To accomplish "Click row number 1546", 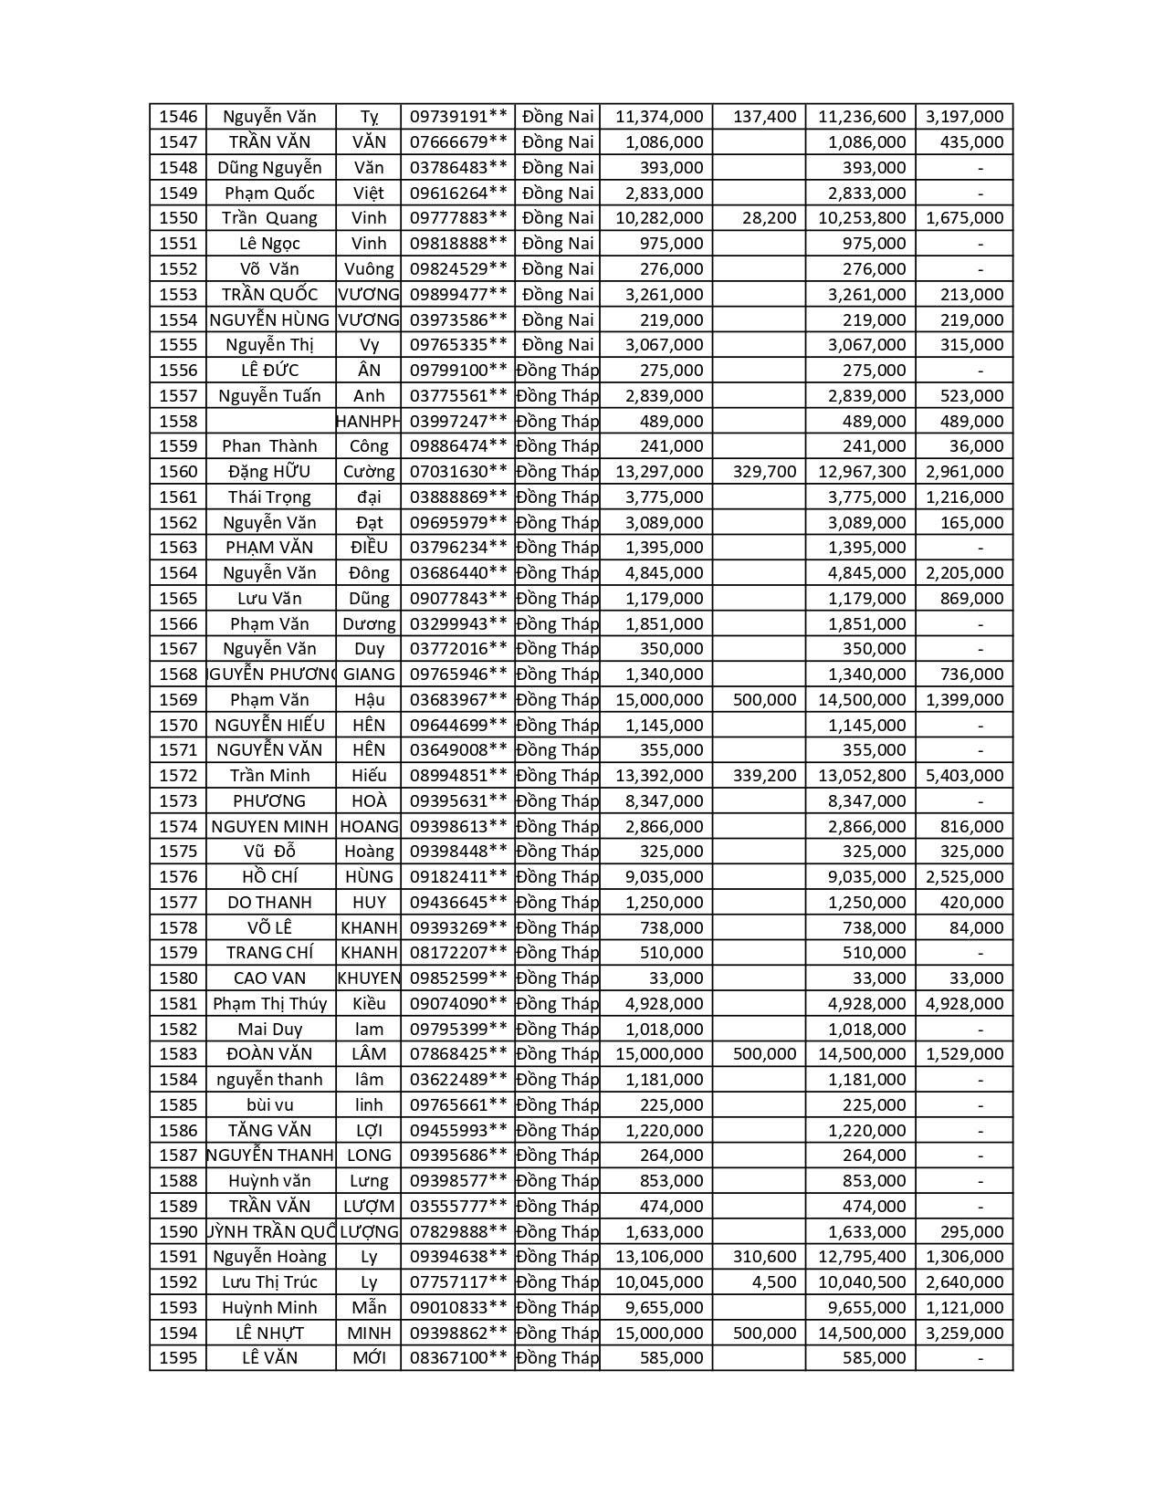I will tap(178, 117).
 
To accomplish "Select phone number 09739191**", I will tap(457, 117).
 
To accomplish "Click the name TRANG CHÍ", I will tap(269, 953).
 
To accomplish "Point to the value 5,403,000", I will tap(964, 776).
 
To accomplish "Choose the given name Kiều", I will tap(369, 1004).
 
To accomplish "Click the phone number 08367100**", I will tap(457, 1358).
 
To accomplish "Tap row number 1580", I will tap(178, 978).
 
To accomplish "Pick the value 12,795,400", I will tap(862, 1257).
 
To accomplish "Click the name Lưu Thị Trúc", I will tap(269, 1282).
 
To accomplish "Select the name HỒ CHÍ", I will tap(269, 877).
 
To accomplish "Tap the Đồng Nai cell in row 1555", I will tap(557, 345).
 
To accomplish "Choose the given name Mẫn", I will tap(369, 1308).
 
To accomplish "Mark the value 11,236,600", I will tap(862, 117).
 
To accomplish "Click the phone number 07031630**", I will tap(457, 472).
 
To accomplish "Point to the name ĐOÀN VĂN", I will tap(269, 1054).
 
